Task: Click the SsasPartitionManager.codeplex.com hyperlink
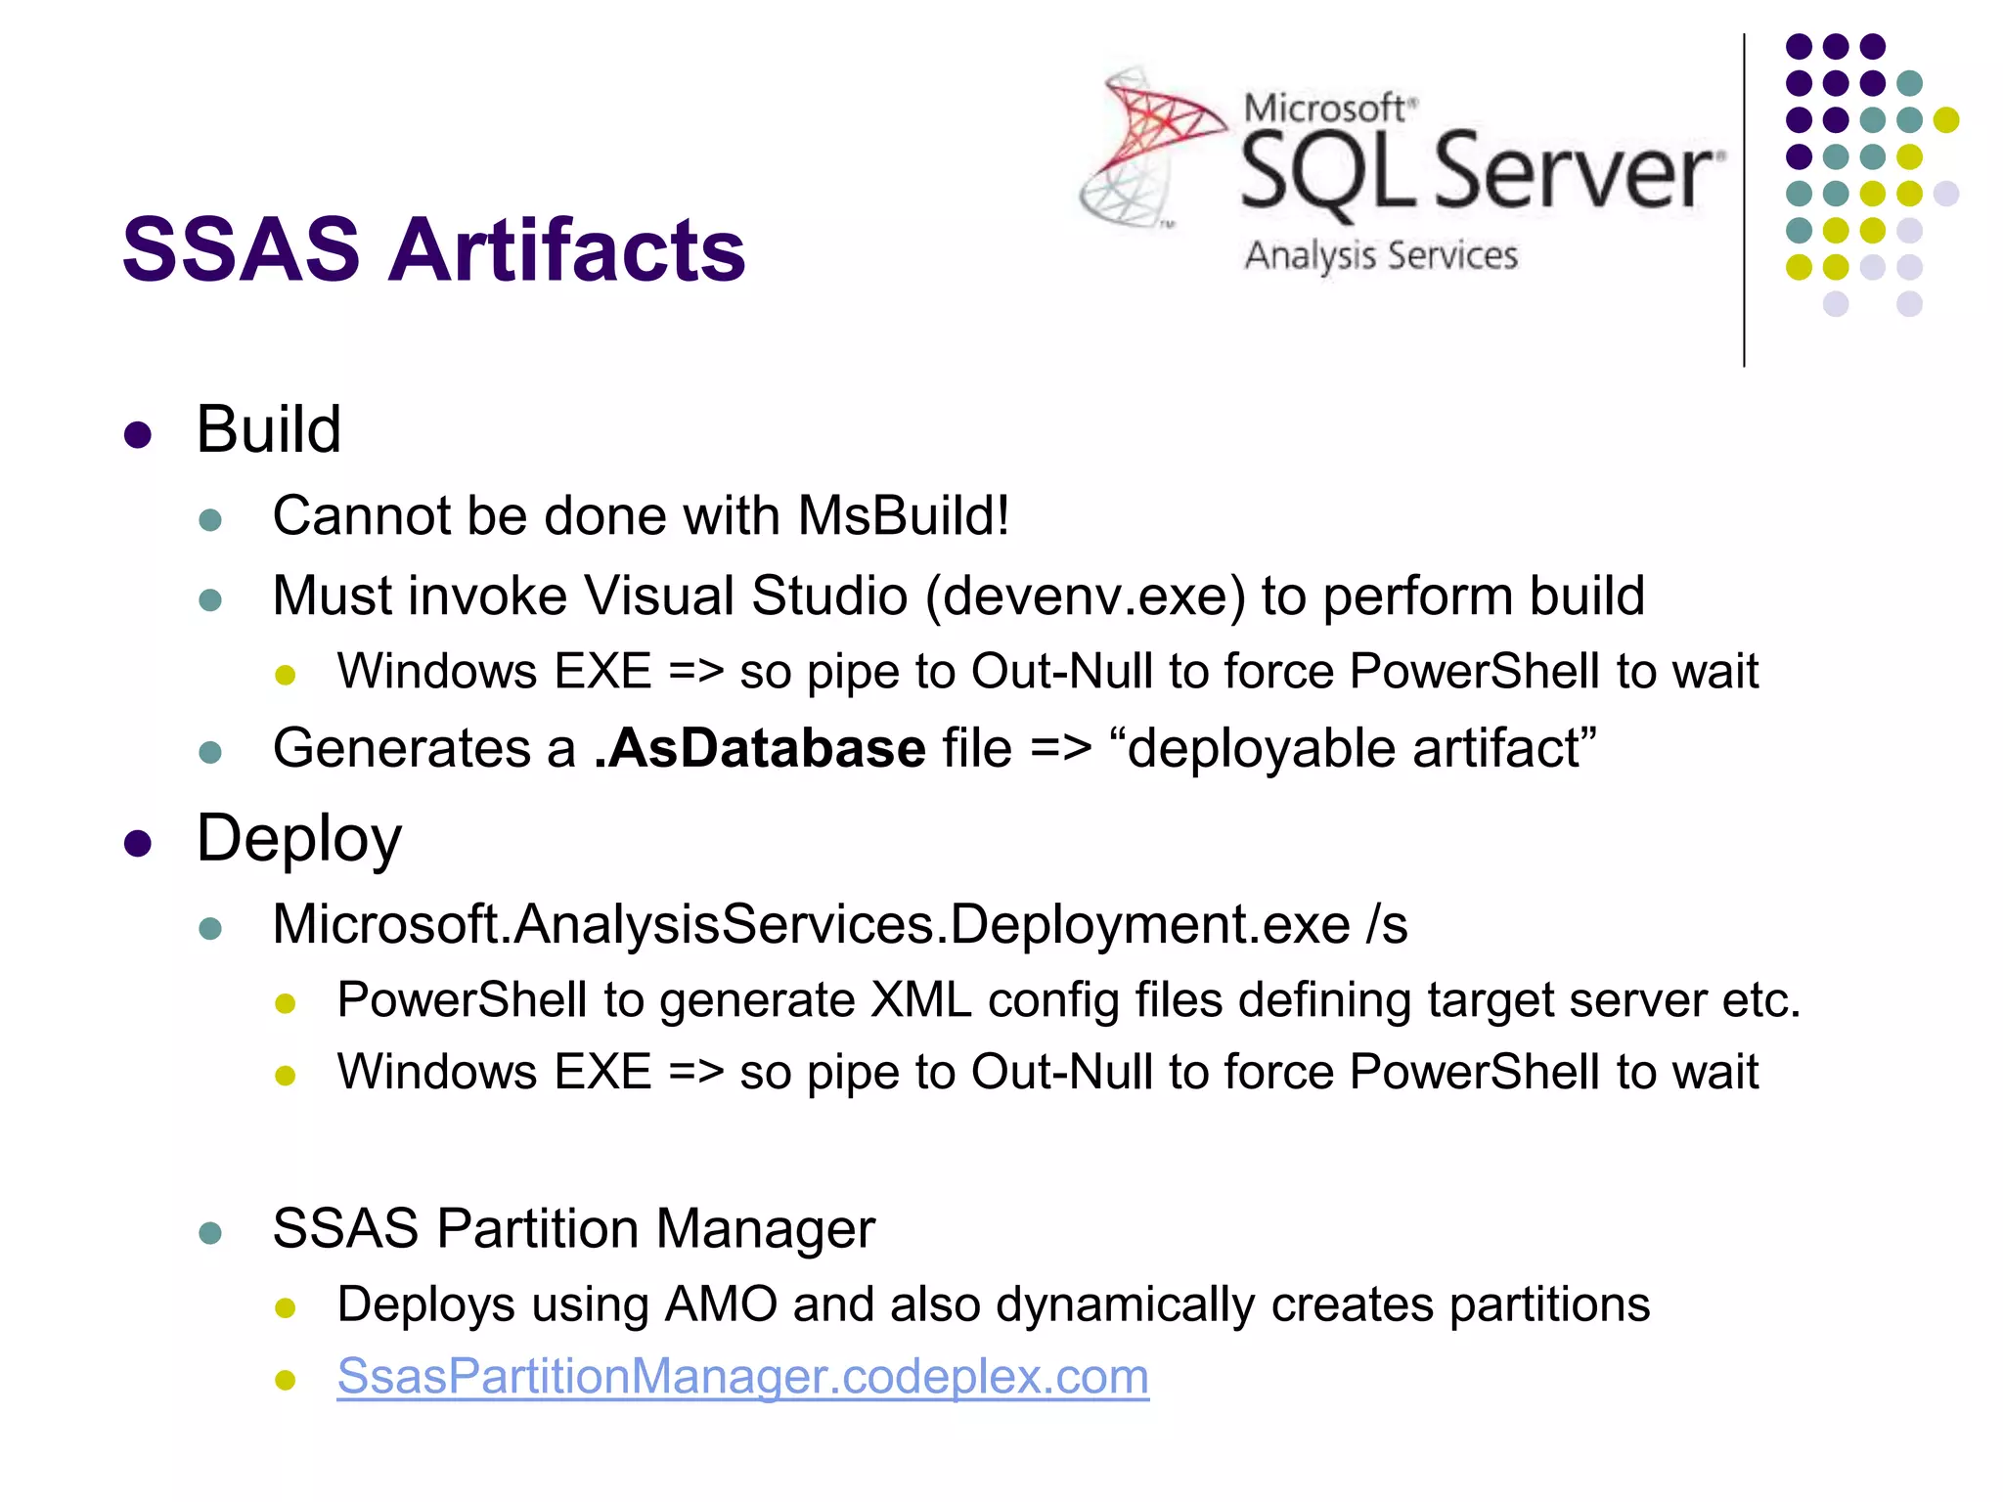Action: point(742,1377)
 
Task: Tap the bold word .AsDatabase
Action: point(760,749)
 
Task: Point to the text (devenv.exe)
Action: point(1086,596)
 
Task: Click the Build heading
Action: point(269,429)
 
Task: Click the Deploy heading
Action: point(299,840)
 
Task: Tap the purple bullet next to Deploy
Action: point(138,844)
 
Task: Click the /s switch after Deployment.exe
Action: point(1388,924)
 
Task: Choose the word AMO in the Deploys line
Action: point(721,1304)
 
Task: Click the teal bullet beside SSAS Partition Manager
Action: point(210,1232)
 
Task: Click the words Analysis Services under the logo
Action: point(1381,256)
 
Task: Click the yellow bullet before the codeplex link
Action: point(286,1380)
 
